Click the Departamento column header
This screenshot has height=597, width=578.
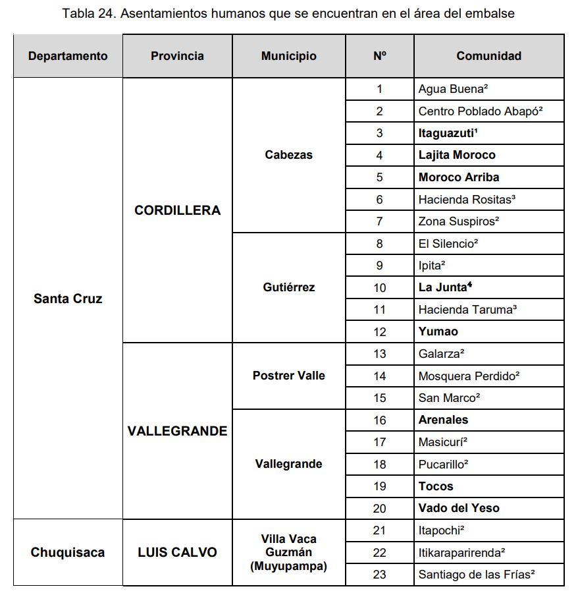click(68, 56)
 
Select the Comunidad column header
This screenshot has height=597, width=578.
click(488, 56)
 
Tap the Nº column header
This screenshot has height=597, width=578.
click(379, 56)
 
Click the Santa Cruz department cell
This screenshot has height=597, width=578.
click(68, 298)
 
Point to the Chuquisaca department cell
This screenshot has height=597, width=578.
click(68, 552)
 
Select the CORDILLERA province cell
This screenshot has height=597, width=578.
click(177, 210)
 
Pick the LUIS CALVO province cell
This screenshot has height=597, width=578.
click(177, 552)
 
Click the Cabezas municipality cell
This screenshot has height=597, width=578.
click(288, 155)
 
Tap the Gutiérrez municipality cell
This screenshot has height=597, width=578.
click(288, 287)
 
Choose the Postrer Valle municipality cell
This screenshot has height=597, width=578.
click(288, 376)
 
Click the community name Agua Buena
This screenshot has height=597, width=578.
click(452, 89)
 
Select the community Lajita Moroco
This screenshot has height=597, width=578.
click(457, 155)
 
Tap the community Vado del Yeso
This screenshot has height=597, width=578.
click(459, 508)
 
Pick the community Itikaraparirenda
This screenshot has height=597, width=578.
click(471, 552)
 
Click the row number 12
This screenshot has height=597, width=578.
click(379, 331)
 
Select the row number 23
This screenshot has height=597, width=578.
click(379, 575)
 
